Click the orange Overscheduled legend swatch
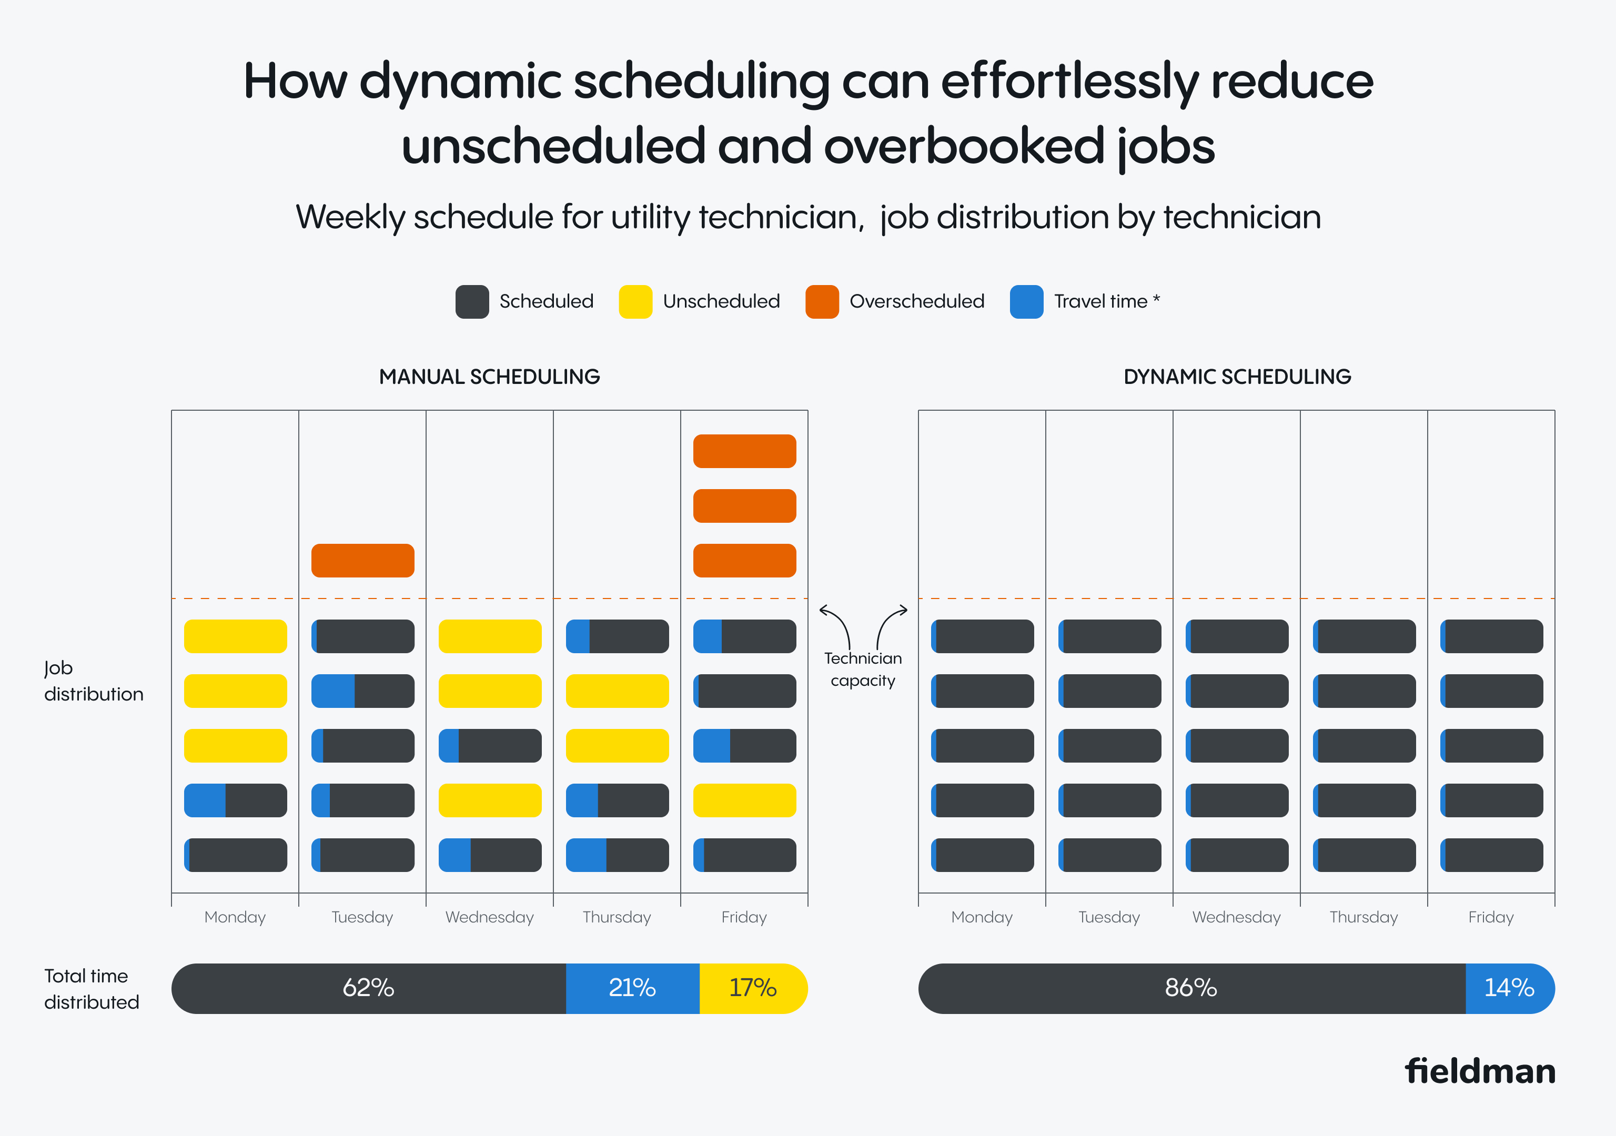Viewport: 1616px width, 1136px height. [x=821, y=302]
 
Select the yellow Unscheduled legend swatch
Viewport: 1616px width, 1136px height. [x=635, y=302]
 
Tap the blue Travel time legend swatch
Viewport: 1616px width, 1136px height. [x=1026, y=302]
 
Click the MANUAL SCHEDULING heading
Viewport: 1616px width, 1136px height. [x=489, y=377]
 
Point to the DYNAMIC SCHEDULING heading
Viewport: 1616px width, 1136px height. [x=1237, y=377]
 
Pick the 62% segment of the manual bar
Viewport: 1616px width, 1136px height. [x=368, y=988]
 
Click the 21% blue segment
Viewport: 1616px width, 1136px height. [x=632, y=988]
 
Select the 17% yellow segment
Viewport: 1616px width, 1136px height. [x=752, y=988]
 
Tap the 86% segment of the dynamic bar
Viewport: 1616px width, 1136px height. [x=1191, y=988]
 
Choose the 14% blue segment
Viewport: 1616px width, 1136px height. [x=1509, y=988]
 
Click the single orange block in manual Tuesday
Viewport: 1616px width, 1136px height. [x=362, y=560]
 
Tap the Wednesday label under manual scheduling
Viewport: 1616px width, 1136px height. [x=489, y=917]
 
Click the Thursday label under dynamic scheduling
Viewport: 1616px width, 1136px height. [x=1363, y=917]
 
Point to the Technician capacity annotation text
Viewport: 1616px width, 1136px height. [x=863, y=670]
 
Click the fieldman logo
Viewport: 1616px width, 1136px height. [x=1479, y=1071]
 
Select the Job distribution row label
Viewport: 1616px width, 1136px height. [x=93, y=681]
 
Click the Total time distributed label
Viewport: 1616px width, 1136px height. [x=92, y=989]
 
